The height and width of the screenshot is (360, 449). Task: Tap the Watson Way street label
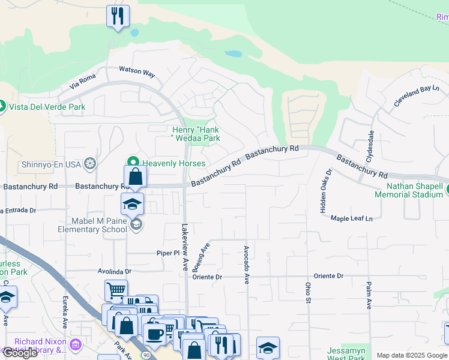click(137, 72)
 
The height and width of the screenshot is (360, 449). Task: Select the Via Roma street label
click(83, 82)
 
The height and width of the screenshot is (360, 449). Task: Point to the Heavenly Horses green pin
click(133, 163)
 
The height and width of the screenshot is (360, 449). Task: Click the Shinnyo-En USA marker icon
click(90, 163)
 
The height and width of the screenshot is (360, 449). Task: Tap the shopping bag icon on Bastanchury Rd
click(136, 177)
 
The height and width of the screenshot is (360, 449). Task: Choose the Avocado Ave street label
click(246, 264)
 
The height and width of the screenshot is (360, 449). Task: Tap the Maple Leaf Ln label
click(351, 218)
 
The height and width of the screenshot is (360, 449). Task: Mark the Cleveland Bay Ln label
click(417, 96)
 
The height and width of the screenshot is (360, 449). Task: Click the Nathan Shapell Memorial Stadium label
click(408, 190)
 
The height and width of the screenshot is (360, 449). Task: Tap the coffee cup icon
click(154, 335)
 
